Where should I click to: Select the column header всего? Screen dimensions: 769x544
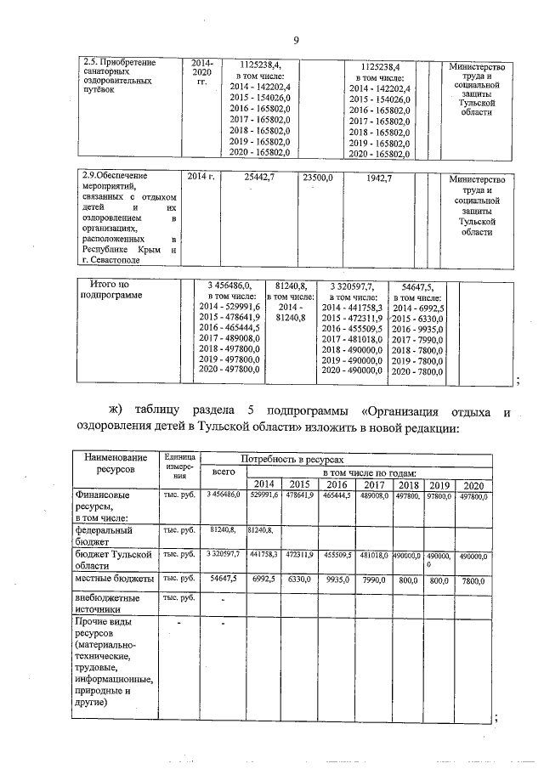tap(224, 472)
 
